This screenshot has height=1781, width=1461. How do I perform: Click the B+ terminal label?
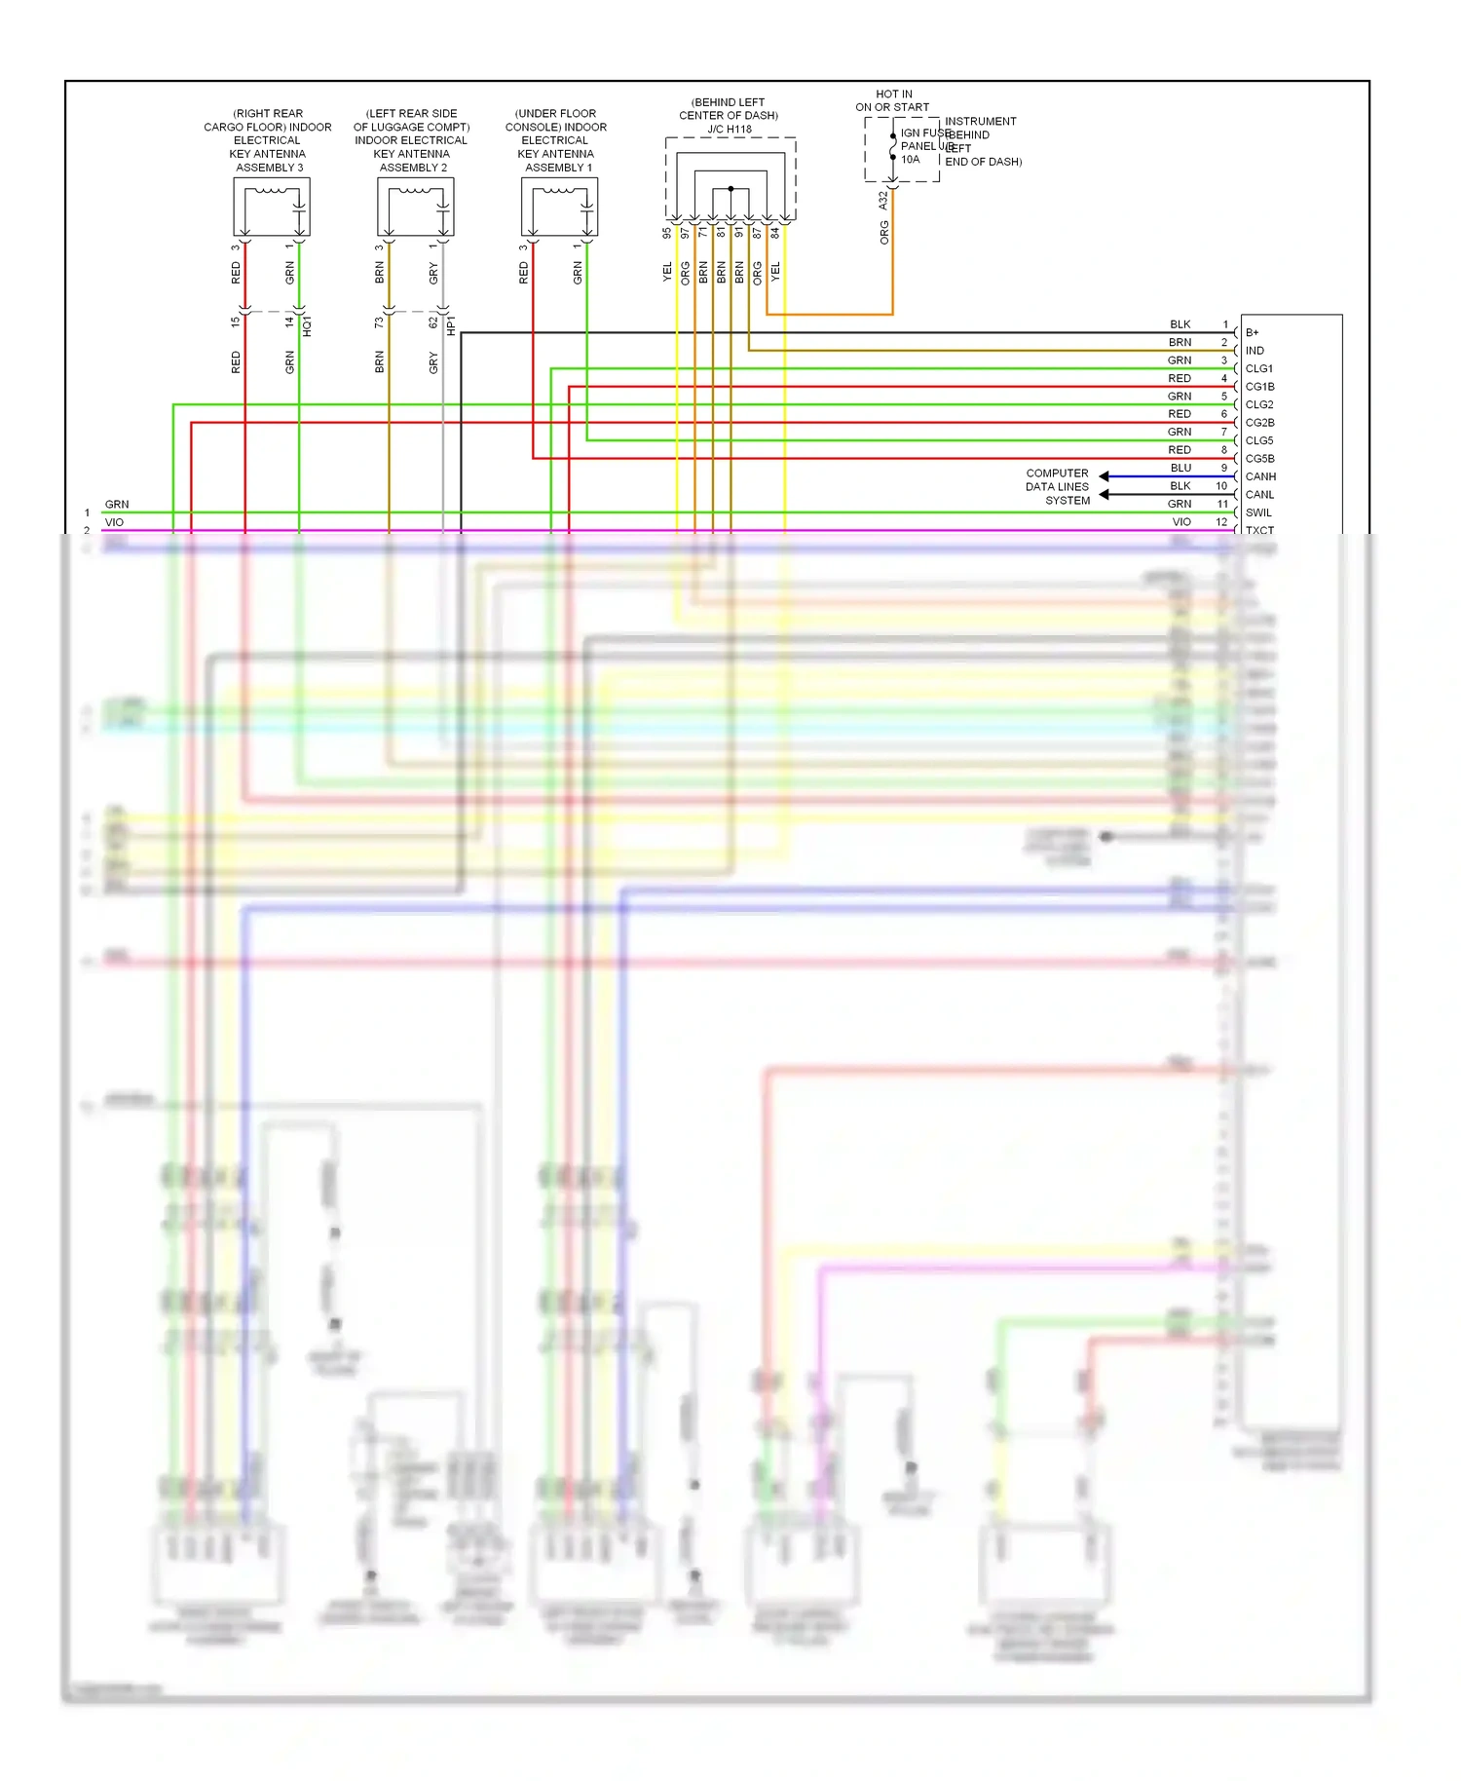(x=1252, y=333)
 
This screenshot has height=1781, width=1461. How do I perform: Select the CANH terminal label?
(x=1260, y=476)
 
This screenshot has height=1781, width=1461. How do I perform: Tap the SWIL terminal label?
(x=1258, y=512)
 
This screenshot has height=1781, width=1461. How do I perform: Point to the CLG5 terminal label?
(x=1258, y=440)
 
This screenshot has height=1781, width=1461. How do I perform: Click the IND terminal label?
(x=1255, y=351)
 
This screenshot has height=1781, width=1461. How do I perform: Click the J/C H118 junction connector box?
(x=730, y=179)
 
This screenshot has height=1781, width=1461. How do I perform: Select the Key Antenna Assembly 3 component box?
(x=271, y=207)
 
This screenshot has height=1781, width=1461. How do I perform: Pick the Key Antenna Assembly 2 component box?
(x=415, y=207)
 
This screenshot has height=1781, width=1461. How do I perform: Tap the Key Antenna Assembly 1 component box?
(x=559, y=207)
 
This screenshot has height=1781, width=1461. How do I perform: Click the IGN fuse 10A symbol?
(x=893, y=147)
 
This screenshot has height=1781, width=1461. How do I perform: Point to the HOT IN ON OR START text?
(x=892, y=100)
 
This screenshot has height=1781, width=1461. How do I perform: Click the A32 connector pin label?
(x=883, y=200)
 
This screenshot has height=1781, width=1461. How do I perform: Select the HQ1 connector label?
(x=308, y=325)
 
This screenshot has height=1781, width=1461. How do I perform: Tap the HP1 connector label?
(x=451, y=325)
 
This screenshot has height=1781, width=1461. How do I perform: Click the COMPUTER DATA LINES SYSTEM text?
(x=1058, y=486)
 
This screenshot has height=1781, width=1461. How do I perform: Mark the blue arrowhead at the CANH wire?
(x=1105, y=476)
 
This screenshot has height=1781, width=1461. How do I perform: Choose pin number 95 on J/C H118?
(x=667, y=234)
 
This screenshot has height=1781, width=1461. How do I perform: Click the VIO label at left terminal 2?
(x=114, y=522)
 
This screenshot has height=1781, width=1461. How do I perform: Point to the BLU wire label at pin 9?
(x=1180, y=468)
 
